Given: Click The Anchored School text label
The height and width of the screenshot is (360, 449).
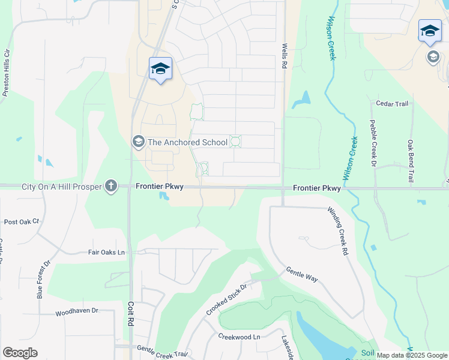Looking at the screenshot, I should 187,142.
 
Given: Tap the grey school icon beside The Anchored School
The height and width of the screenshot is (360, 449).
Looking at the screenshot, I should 138,142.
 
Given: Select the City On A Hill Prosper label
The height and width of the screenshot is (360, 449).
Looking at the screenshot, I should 61,187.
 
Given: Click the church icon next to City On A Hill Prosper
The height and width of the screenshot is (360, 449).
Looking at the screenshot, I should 110,186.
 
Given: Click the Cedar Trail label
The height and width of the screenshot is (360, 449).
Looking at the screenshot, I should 392,104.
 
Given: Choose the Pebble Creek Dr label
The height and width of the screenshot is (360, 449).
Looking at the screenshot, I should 373,142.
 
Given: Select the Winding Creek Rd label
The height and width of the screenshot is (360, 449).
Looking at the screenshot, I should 338,232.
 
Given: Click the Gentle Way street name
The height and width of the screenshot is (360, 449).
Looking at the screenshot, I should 301,275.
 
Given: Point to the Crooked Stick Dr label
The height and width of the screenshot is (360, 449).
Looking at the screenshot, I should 226,299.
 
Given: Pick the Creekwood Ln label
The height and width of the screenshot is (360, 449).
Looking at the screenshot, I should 239,337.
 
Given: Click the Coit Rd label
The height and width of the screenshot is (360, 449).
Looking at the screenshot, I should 130,314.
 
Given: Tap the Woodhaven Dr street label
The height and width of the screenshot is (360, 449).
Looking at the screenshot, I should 76,311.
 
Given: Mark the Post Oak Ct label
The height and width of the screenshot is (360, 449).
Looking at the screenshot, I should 21,221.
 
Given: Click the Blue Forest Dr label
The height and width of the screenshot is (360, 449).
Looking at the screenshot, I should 40,283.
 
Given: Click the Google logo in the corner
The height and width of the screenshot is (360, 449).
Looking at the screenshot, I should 20,352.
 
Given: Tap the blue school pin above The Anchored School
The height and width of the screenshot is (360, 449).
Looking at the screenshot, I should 160,70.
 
